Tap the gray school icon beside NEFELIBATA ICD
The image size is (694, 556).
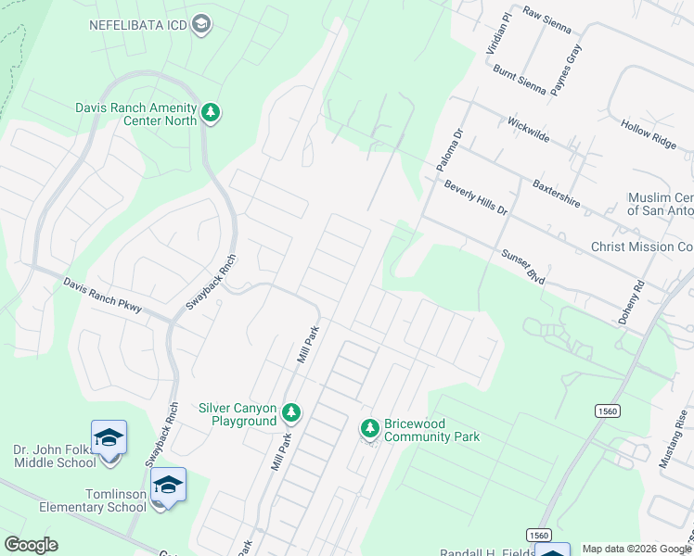point(199,24)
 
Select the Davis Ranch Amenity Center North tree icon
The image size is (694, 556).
point(212,113)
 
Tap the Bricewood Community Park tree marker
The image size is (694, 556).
point(370,427)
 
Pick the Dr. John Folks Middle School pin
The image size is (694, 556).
point(108,436)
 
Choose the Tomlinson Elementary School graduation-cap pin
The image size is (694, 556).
point(168,484)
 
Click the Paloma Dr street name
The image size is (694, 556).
point(449,149)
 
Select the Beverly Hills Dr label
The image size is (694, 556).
point(475,197)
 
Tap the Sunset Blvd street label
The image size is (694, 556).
point(522,264)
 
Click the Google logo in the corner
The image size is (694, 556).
point(31,545)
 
